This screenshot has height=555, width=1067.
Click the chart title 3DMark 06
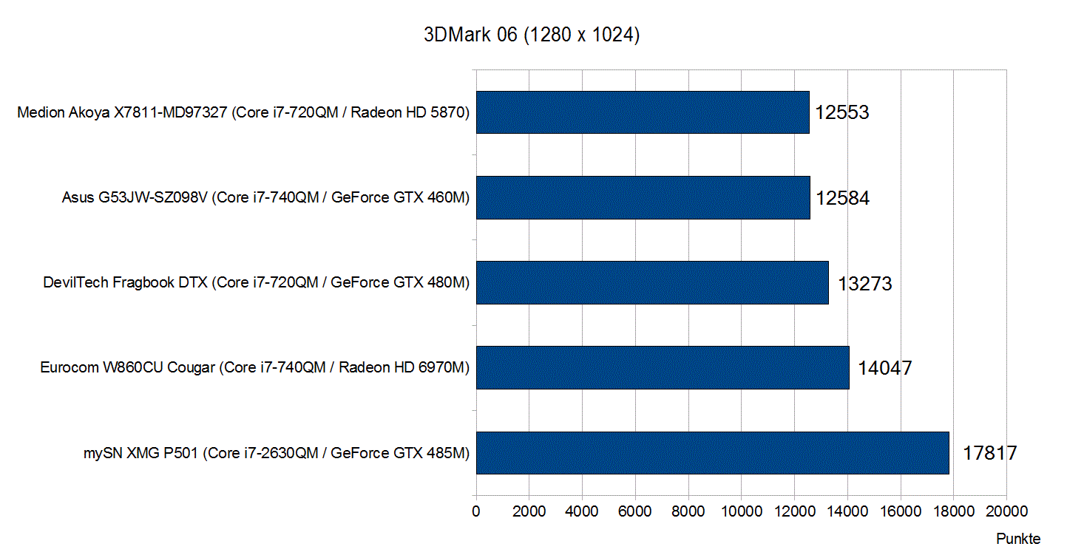[531, 35]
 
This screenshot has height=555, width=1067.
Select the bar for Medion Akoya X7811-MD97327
[643, 112]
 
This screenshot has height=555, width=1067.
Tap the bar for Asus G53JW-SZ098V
[643, 197]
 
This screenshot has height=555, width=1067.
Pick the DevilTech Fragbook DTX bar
[652, 282]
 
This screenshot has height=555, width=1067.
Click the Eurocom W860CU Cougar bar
[663, 367]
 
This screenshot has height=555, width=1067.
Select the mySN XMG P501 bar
[712, 452]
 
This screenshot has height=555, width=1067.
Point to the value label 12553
[842, 112]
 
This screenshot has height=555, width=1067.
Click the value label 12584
[843, 198]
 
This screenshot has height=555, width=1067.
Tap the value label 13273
[865, 283]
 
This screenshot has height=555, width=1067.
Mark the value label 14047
[885, 368]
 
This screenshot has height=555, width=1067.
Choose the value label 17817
[990, 453]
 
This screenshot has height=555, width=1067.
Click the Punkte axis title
[1018, 538]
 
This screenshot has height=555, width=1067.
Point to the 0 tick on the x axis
[476, 511]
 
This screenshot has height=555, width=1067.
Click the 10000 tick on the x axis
[741, 511]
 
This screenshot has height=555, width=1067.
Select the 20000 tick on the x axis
[1006, 511]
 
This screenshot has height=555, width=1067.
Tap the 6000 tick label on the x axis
[635, 511]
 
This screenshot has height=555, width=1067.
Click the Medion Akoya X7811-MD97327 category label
[243, 112]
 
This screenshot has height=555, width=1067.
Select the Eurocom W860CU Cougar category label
[255, 367]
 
